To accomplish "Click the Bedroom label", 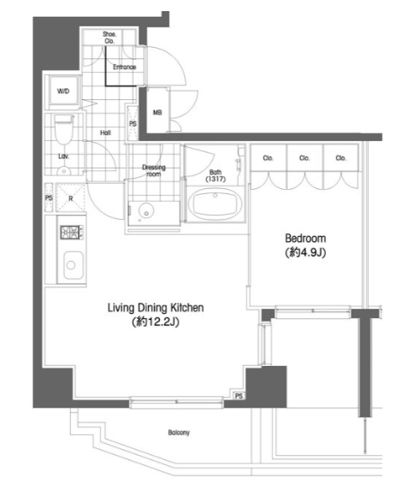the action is point(305,239).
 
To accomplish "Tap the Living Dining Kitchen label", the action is point(156,308).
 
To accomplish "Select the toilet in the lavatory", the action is point(63,129).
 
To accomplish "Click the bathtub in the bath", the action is point(216,204).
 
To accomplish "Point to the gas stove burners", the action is point(71,232).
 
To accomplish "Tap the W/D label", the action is point(63,91).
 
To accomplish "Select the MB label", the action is point(157,113).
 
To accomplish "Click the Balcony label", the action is point(179,433).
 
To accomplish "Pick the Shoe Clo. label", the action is point(109,38).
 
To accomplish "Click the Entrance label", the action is point(124,67).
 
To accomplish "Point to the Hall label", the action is point(105,133).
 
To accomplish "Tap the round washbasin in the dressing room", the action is point(146,210).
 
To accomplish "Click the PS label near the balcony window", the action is point(239,396).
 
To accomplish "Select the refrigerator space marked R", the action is point(71,198).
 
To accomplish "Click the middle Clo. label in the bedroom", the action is point(305,158).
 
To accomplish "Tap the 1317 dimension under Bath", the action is point(216,179).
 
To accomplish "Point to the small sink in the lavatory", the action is point(63,171).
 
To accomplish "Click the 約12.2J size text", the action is point(156,322).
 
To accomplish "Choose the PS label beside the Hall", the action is point(133,124).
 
